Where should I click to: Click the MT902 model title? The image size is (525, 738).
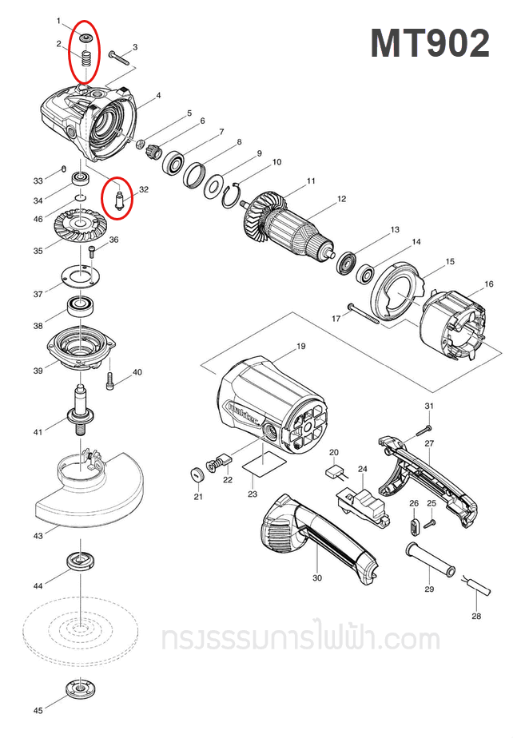(429, 43)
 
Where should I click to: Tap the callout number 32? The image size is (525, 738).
(144, 190)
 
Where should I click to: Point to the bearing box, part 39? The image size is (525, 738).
(81, 348)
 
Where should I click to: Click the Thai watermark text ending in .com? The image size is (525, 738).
(300, 639)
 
